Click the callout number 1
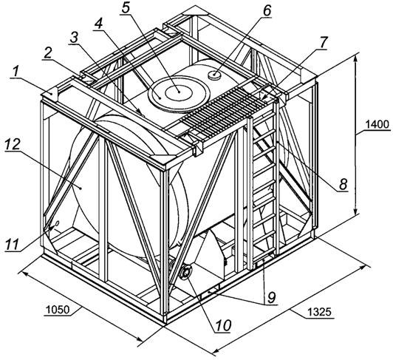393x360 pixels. point(16,72)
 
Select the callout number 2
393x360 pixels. point(47,53)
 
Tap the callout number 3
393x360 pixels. point(74,38)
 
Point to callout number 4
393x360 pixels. point(98,24)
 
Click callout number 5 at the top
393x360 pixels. point(126,9)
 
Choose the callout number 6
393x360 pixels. point(267,11)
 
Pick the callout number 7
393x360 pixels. point(323,43)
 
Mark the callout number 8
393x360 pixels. point(344,184)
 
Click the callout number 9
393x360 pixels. point(272,298)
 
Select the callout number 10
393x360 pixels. point(223,326)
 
